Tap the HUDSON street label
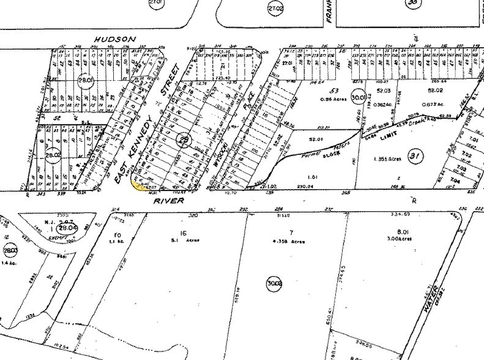(x=114, y=39)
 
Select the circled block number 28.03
(x=10, y=251)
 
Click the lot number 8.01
(x=401, y=231)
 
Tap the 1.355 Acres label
(x=387, y=159)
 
